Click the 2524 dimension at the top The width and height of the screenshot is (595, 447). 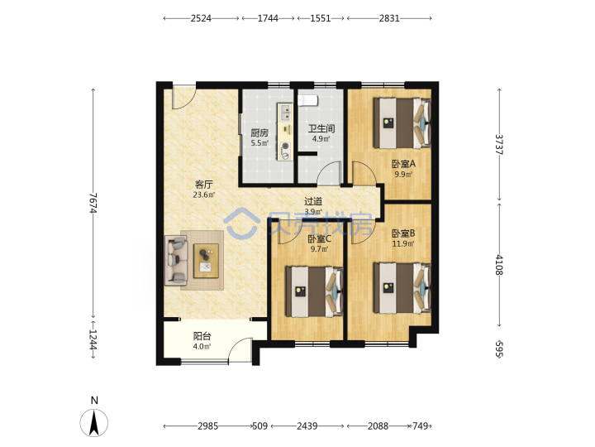point(201,18)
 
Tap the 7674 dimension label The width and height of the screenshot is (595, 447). point(93,203)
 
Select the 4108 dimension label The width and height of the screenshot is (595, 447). point(499,265)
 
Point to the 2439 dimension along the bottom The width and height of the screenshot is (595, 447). point(307,426)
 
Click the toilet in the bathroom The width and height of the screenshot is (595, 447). point(307,100)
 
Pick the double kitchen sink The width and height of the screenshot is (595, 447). point(285,112)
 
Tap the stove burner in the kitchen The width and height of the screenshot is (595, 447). point(285,146)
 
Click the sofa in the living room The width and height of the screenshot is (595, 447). point(176,261)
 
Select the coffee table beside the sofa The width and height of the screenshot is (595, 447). point(206,261)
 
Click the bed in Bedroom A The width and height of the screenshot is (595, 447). point(402,123)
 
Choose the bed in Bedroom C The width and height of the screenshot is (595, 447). point(314,291)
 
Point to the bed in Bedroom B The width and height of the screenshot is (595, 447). point(402,288)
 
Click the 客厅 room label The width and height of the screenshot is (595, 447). point(204,185)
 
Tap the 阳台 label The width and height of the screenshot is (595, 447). point(202,336)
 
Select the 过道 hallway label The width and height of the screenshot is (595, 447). point(313,201)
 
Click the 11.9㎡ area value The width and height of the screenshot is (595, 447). point(403,243)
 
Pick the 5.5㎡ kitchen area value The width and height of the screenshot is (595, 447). point(259,143)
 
